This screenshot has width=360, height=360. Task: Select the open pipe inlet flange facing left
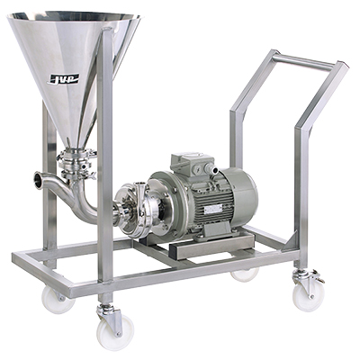(x=39, y=179)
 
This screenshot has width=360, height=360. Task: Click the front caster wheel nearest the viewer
(x=114, y=330)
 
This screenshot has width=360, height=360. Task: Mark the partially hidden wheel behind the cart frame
(x=244, y=274)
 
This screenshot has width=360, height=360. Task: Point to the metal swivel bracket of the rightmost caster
(x=309, y=274)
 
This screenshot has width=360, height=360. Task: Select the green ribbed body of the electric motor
(x=202, y=193)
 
